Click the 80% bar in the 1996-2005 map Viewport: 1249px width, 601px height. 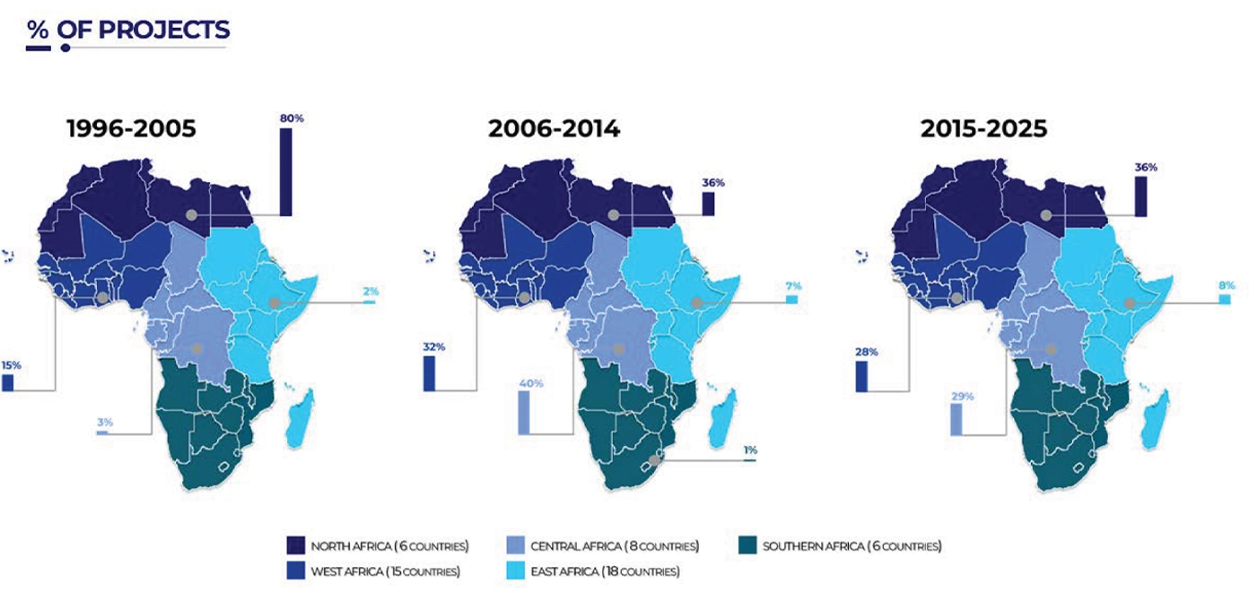285,171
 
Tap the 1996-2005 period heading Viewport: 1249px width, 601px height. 132,129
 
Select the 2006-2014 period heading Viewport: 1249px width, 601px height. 554,129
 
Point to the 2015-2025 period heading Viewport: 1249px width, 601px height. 983,129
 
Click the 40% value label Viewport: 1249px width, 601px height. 531,384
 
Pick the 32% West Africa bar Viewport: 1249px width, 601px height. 429,373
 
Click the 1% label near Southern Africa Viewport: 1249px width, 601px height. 750,450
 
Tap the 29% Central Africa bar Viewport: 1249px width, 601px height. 956,419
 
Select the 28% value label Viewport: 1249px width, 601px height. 867,353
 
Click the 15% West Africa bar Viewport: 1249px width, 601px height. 8,383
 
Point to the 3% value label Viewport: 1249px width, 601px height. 105,422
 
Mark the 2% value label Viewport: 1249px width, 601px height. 371,292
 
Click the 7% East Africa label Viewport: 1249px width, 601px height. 793,286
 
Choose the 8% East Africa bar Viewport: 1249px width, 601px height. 1225,300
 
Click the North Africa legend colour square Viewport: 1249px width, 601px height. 295,545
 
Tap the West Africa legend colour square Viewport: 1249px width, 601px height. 295,571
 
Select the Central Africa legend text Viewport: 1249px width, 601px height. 615,546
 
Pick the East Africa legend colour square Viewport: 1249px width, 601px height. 516,571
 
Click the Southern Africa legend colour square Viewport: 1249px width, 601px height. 747,545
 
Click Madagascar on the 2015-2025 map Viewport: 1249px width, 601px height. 1155,419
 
